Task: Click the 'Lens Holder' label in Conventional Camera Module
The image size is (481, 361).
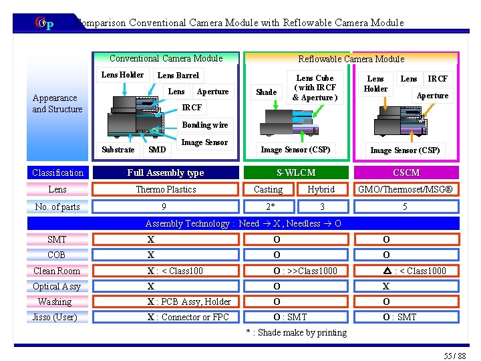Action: (122, 75)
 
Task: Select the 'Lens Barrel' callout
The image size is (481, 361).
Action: (178, 76)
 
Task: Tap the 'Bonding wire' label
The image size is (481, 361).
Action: (205, 125)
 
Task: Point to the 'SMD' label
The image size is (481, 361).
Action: (157, 150)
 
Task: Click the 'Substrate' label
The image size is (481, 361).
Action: (118, 150)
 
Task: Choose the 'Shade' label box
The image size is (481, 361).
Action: (267, 92)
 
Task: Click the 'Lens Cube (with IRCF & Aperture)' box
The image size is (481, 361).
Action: (315, 88)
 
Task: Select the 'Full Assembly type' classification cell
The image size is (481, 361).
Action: (166, 172)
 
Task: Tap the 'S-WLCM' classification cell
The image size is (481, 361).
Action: (296, 172)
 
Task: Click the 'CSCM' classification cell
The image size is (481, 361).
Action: (406, 172)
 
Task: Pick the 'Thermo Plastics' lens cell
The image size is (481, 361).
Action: (166, 189)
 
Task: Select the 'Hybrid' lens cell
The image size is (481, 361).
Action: (321, 189)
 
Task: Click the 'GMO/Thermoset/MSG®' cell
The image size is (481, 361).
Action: (406, 189)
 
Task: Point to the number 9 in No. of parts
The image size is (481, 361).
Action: (164, 207)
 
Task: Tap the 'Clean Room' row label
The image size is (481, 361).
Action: (57, 271)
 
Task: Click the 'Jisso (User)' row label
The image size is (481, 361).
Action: (55, 317)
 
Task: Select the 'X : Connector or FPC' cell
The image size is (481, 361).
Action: (189, 317)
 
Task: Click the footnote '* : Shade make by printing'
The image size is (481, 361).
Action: (296, 332)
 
